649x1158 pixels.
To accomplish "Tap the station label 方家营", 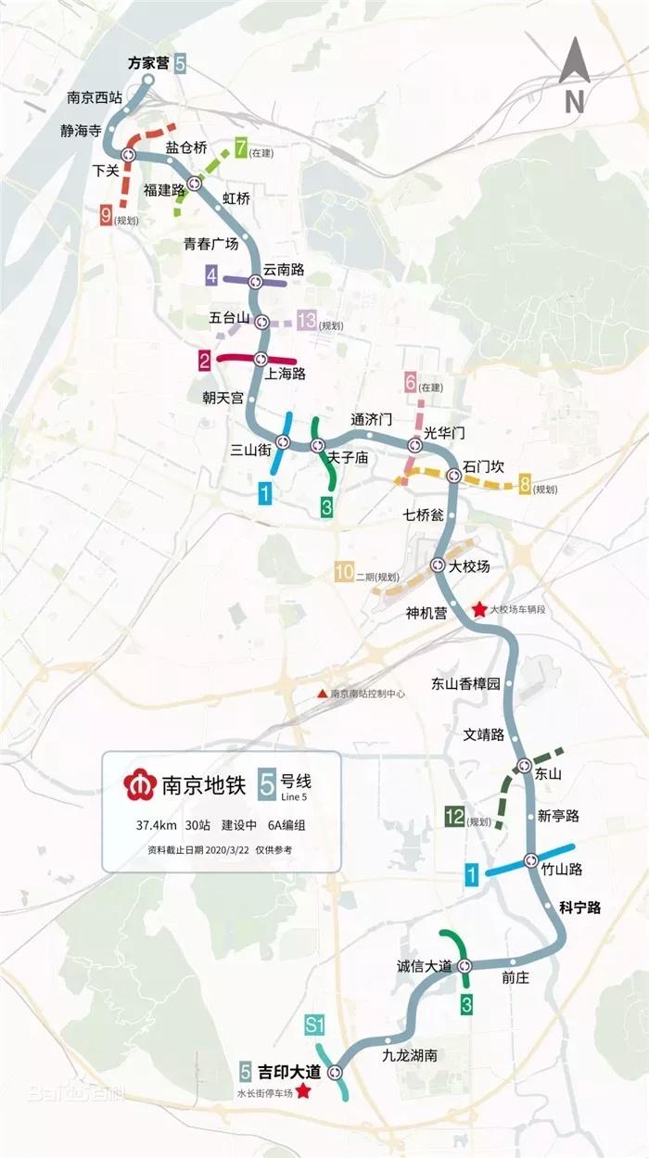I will click(x=148, y=63).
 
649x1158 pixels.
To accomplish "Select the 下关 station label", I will click(x=108, y=171).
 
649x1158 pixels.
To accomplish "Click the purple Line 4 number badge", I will click(x=212, y=275).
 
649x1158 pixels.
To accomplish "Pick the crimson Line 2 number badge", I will click(x=203, y=357).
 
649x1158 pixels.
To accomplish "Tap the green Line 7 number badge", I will click(x=241, y=146).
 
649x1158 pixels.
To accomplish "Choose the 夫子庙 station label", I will click(x=349, y=458).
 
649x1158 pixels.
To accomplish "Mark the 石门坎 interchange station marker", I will click(x=453, y=476).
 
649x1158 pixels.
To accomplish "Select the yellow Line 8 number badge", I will click(x=526, y=485).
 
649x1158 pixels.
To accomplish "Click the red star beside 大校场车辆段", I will click(x=478, y=610).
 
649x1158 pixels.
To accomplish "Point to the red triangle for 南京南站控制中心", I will click(x=322, y=694).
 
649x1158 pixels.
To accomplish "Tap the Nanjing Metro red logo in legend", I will click(x=140, y=785).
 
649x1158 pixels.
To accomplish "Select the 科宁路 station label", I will click(x=579, y=908).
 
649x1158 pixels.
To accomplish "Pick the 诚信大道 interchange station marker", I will click(x=464, y=965).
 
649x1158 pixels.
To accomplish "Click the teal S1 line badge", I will click(x=314, y=1024).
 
